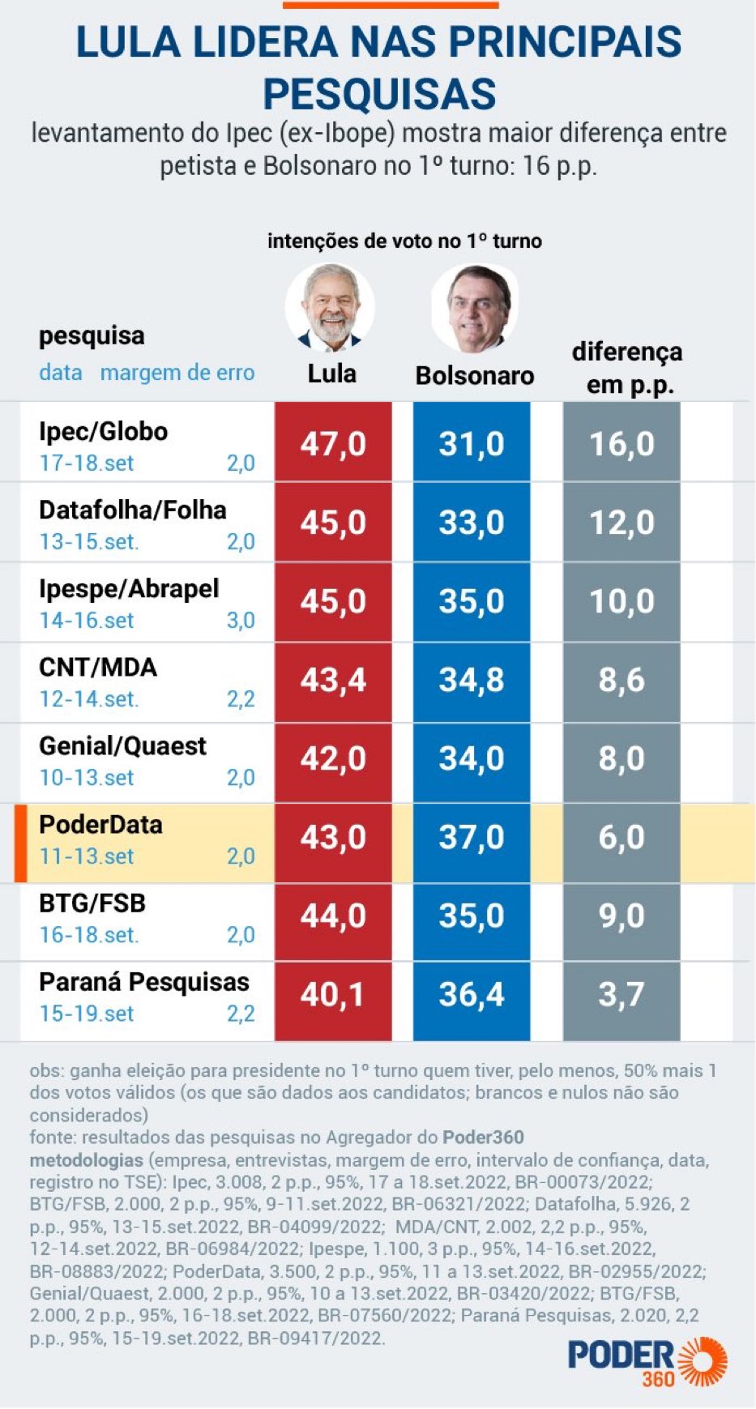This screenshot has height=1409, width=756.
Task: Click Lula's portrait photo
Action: (x=331, y=307)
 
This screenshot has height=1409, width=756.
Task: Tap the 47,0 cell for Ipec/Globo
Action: (x=333, y=443)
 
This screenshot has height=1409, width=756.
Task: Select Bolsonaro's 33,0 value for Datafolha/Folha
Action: (x=472, y=523)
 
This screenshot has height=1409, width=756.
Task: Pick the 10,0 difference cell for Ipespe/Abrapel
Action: (x=621, y=601)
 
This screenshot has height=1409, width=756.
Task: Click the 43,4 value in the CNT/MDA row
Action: (x=333, y=680)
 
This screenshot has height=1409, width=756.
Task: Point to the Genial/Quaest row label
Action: (x=122, y=745)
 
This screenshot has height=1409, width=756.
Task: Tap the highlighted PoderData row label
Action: (x=100, y=824)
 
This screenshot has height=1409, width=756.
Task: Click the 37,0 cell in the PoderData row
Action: (x=472, y=837)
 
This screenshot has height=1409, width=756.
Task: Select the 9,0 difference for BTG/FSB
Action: (x=621, y=916)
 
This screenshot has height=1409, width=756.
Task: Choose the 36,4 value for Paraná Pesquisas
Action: (x=472, y=994)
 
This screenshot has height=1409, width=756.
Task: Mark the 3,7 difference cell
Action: (x=621, y=994)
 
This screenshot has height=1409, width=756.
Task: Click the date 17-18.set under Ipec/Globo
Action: (x=87, y=463)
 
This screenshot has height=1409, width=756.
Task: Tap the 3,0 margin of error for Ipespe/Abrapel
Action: (x=241, y=620)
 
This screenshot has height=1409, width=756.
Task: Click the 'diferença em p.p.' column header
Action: (x=627, y=368)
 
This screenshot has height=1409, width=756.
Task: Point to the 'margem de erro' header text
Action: (x=177, y=373)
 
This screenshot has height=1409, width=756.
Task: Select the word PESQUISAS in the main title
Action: (x=379, y=93)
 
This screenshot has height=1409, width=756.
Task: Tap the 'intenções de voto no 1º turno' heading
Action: (x=404, y=241)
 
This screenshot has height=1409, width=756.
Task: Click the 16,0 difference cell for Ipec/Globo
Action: (x=621, y=443)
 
